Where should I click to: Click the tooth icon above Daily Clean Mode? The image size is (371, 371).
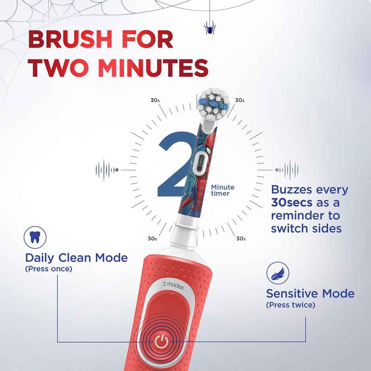(35, 237)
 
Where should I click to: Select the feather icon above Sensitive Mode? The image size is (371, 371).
(278, 273)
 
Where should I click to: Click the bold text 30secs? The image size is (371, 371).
(291, 203)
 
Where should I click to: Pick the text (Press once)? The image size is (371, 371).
(49, 269)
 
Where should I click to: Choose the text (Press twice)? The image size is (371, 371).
(290, 305)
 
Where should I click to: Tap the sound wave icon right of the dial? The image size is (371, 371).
(287, 170)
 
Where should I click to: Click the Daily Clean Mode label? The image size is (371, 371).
(77, 258)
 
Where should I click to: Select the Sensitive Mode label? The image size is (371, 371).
(310, 294)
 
